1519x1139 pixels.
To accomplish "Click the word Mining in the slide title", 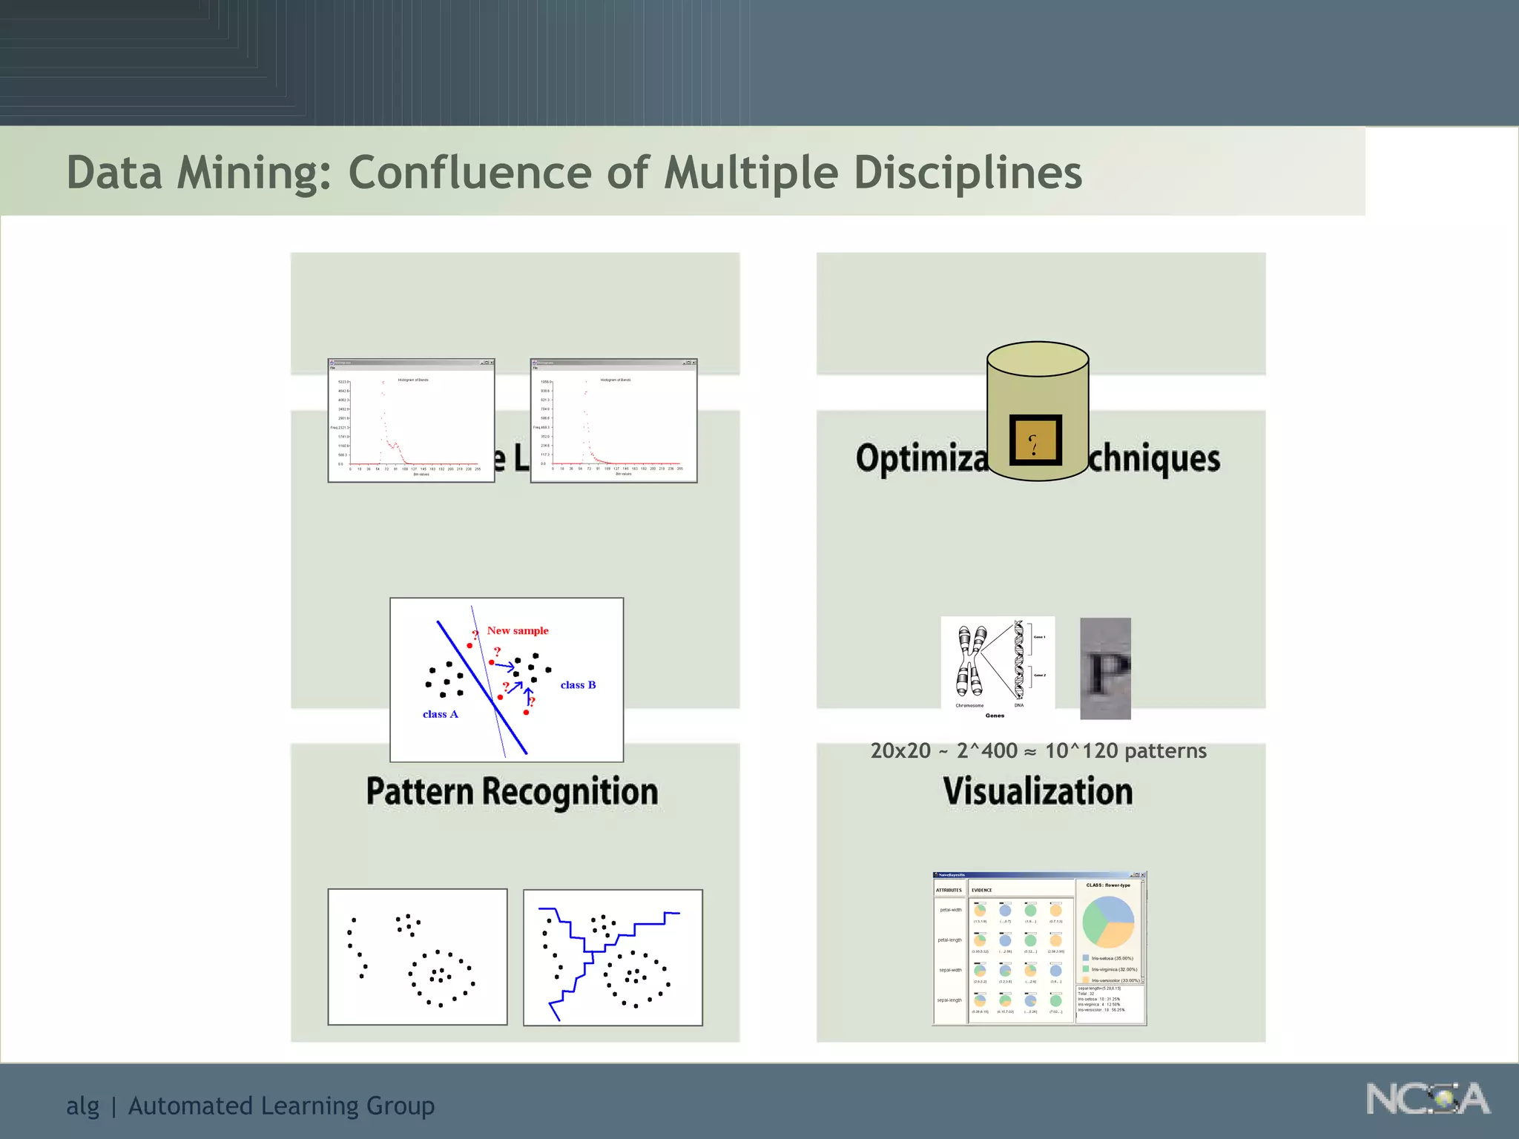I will click(251, 174).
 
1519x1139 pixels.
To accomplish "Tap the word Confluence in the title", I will click(471, 172).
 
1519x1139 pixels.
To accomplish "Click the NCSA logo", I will click(1428, 1098).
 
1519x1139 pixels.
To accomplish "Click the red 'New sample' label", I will click(518, 630).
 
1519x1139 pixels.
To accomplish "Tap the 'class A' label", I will click(440, 714).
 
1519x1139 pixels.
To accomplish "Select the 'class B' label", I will click(578, 684).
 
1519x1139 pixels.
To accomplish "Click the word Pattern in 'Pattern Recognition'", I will click(420, 791).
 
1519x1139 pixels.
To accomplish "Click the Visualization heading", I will click(1038, 791).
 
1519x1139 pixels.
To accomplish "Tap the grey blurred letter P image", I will click(1105, 668).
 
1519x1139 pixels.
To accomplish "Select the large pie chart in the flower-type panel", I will click(1108, 922).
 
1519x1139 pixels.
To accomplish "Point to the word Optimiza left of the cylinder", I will click(922, 458).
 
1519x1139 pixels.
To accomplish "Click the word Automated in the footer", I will click(191, 1106).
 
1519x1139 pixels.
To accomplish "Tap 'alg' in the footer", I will click(82, 1106).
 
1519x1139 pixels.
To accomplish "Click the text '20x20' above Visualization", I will click(900, 750).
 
